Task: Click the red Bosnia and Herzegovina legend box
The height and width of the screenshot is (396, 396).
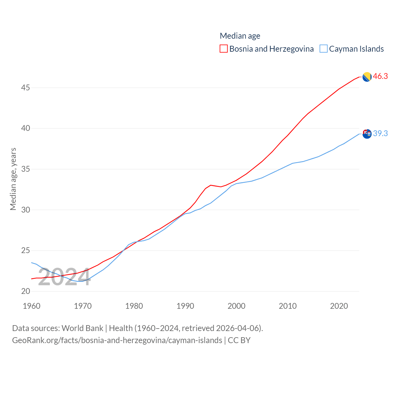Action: (x=224, y=49)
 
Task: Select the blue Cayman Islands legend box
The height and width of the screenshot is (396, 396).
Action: (x=324, y=49)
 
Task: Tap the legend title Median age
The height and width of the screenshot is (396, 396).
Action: (x=240, y=36)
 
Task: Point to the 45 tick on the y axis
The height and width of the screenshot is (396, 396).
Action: (x=26, y=88)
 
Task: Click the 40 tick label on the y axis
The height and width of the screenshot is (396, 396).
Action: (x=26, y=128)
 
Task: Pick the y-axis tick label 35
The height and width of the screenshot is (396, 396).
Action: (x=26, y=169)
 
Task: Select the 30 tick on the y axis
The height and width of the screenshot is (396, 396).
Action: (x=26, y=210)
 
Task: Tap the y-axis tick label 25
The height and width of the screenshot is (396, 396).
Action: (x=26, y=251)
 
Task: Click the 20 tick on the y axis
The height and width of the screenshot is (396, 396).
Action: (x=26, y=291)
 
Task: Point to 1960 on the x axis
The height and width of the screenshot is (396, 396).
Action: (x=32, y=306)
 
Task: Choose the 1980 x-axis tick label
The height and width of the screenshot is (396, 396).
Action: (x=134, y=306)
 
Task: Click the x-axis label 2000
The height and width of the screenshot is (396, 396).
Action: (x=236, y=306)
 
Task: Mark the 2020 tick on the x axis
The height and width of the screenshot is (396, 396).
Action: (x=339, y=306)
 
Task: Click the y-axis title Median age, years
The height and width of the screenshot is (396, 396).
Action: (x=13, y=179)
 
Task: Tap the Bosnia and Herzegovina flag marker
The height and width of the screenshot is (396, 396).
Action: (x=367, y=77)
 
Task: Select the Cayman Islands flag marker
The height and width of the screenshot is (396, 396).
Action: (x=367, y=134)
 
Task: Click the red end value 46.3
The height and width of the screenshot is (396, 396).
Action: (x=380, y=76)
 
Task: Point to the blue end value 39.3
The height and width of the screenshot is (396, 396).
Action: (x=380, y=133)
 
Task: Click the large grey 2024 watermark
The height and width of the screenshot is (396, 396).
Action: (x=64, y=277)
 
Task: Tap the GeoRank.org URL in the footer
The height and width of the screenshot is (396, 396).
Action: (x=117, y=340)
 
